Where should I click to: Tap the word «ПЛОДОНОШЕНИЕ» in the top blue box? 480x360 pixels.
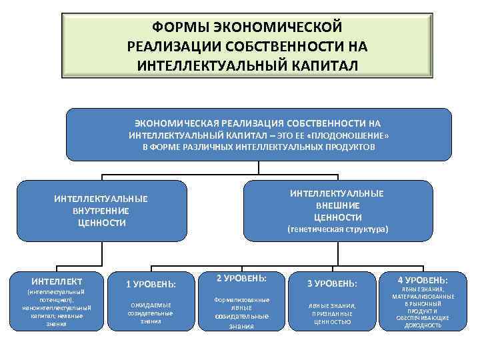tap(353, 135)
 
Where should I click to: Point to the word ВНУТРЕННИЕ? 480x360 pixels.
tap(101, 211)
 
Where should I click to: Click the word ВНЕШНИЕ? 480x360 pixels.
tap(337, 205)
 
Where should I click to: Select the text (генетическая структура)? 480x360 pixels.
tap(337, 230)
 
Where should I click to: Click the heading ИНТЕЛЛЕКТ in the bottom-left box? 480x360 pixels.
tap(57, 281)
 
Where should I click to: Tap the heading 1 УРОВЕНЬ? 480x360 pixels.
tap(151, 284)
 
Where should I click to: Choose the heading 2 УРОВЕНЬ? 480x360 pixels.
tap(241, 277)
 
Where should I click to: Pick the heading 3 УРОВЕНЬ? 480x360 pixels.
tap(332, 284)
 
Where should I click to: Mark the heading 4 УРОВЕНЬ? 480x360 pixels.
tap(423, 280)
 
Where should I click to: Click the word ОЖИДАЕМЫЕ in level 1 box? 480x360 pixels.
tap(151, 305)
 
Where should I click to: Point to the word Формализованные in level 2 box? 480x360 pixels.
tap(241, 300)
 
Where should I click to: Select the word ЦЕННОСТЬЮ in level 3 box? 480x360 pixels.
tap(332, 321)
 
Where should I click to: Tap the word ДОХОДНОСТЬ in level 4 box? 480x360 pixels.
tap(423, 325)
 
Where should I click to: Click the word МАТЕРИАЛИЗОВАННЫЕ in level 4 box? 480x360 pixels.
tap(423, 297)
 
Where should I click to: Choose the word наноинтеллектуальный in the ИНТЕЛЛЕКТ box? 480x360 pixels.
tap(56, 307)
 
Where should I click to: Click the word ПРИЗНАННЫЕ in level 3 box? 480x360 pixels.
tap(332, 313)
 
